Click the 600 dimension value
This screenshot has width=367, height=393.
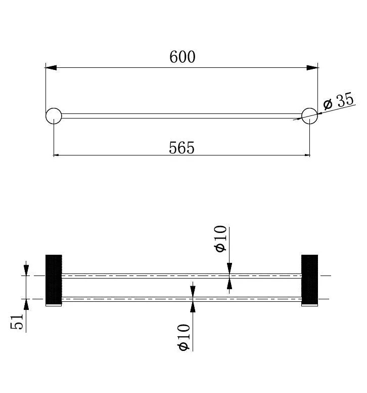pos(182,57)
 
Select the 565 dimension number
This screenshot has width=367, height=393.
pos(181,147)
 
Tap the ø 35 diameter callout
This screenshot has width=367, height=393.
pos(339,101)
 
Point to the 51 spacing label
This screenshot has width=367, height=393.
pos(17,321)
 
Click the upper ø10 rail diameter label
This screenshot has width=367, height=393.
pos(220,239)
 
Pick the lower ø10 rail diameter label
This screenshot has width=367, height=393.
pos(183,337)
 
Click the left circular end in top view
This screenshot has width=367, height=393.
pos(54,116)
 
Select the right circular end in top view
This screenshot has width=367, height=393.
pos(310,116)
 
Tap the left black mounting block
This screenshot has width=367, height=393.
pos(54,280)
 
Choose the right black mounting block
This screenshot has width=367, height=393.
pos(310,280)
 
